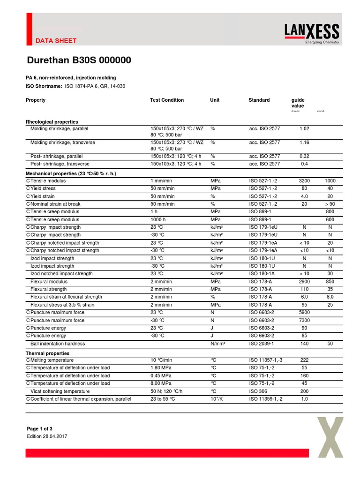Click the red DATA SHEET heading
[x=56, y=41]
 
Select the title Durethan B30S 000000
[x=78, y=60]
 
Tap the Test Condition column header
[x=167, y=100]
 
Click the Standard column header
[x=259, y=100]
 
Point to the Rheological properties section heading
[x=52, y=122]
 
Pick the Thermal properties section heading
[x=47, y=353]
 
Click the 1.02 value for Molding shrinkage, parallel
[x=304, y=128]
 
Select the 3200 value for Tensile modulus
[x=304, y=181]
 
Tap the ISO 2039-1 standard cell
[x=262, y=344]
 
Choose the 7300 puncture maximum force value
[x=304, y=320]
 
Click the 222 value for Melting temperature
[x=304, y=360]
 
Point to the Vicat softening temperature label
[x=60, y=391]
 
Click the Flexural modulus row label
[x=49, y=282]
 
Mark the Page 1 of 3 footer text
[x=40, y=428]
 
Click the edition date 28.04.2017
[x=47, y=436]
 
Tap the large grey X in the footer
[x=330, y=437]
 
